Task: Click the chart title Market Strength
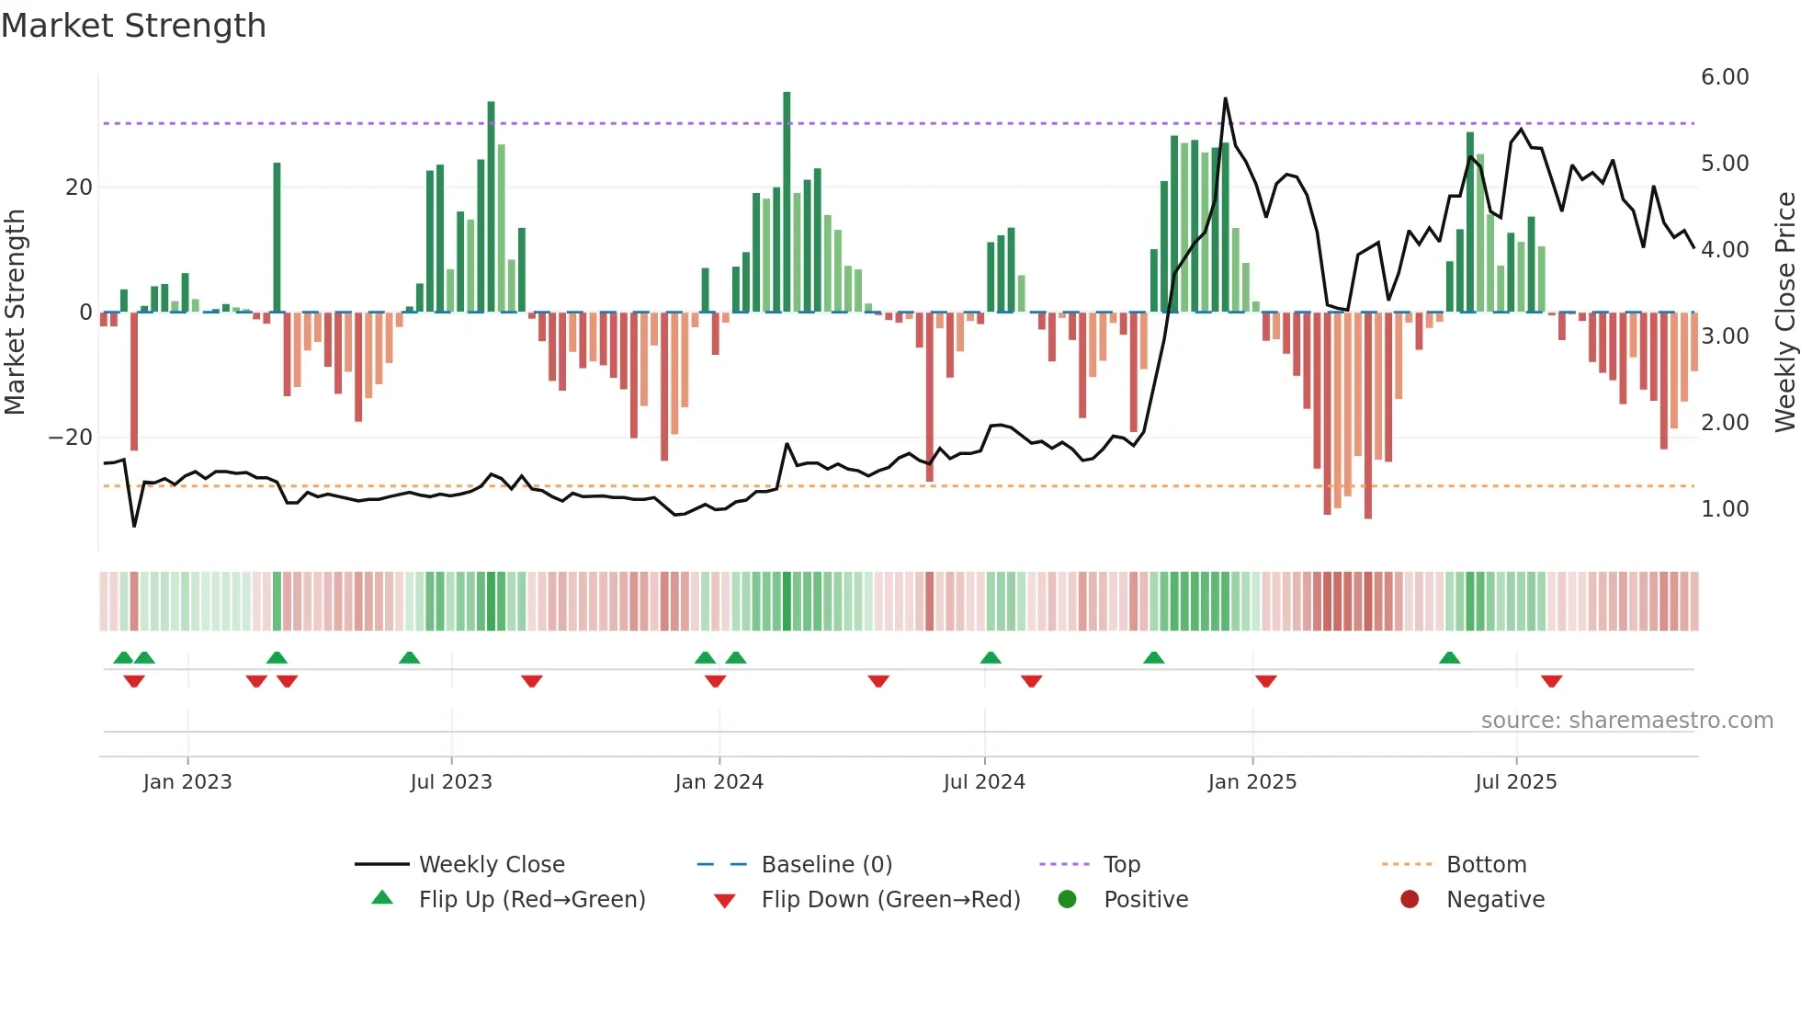click(x=133, y=26)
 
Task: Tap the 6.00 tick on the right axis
click(x=1724, y=77)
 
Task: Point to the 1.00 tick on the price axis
click(x=1724, y=509)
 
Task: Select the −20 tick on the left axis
click(x=71, y=438)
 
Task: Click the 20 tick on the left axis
click(x=78, y=188)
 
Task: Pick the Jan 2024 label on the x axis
click(x=719, y=782)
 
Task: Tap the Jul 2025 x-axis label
click(x=1515, y=782)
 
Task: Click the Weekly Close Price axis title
click(x=1784, y=313)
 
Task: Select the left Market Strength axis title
click(x=15, y=313)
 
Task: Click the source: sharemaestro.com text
click(x=1626, y=721)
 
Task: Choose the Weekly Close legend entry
click(x=491, y=865)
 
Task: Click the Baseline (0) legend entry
click(x=826, y=865)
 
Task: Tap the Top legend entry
click(x=1121, y=865)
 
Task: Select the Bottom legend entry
click(x=1485, y=865)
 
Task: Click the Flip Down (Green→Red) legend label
click(x=889, y=900)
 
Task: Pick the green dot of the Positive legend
click(x=1067, y=900)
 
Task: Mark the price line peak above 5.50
click(x=1225, y=99)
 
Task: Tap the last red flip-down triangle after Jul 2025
click(x=1551, y=681)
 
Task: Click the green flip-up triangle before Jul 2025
click(x=1449, y=658)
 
